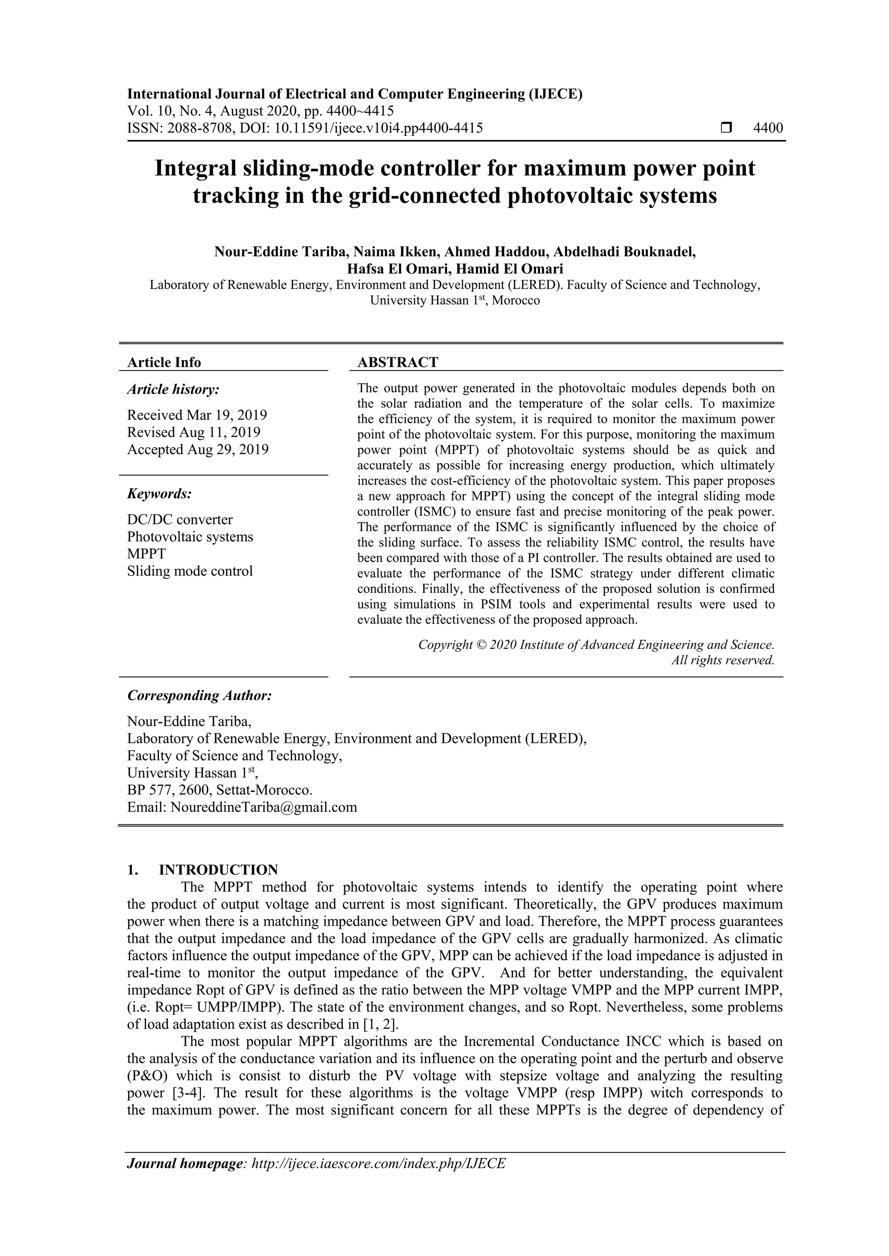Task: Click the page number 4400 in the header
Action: point(768,128)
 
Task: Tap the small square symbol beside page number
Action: point(726,128)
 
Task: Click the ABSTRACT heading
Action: point(398,363)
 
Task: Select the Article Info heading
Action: point(164,363)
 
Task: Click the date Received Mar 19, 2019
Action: point(197,415)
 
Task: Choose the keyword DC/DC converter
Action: point(180,520)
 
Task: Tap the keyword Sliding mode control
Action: point(190,571)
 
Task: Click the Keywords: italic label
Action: point(159,494)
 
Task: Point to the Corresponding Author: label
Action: point(199,696)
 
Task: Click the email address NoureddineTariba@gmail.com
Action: point(263,807)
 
